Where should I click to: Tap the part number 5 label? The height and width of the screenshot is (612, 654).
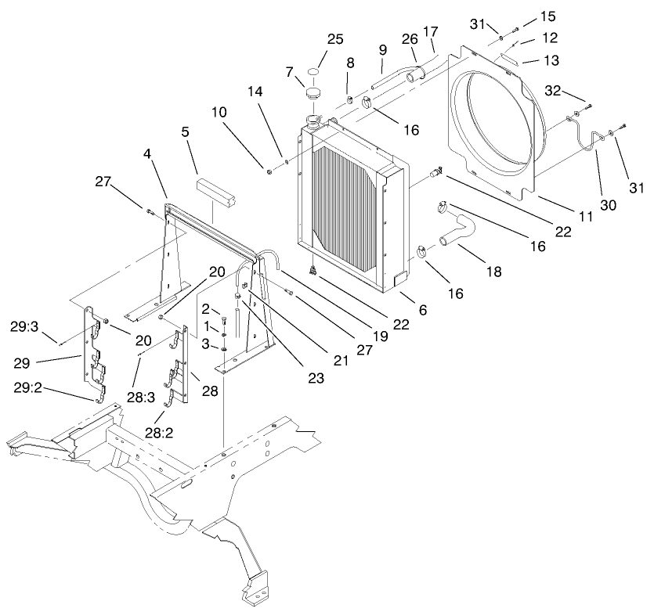click(x=186, y=132)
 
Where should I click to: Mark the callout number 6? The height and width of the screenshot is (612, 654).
click(x=423, y=310)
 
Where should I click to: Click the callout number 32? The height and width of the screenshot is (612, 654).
click(x=562, y=91)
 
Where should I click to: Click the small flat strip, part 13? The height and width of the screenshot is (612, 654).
click(x=506, y=60)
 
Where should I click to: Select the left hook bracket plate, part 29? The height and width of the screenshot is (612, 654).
click(x=93, y=351)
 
